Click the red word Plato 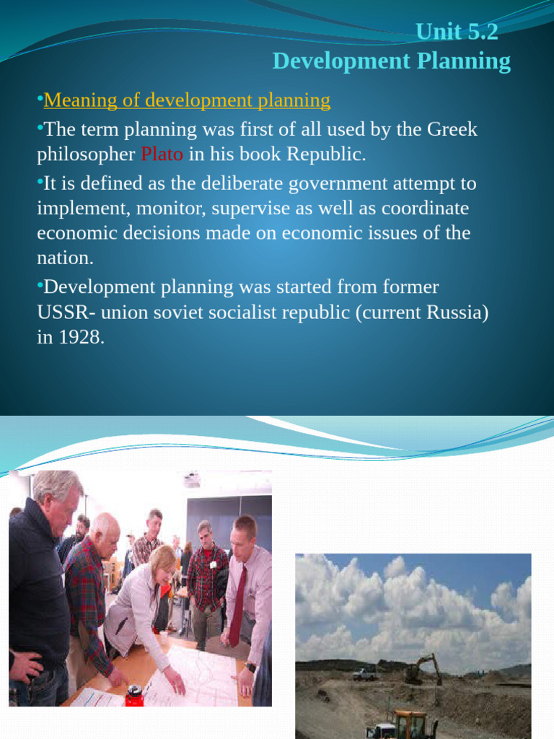pos(162,154)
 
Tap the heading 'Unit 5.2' pos(457,32)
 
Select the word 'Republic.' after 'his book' pos(326,154)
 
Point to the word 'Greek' pos(452,129)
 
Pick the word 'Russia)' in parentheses pos(457,312)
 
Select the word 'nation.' pos(65,258)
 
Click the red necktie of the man pos(237,605)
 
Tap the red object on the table pos(134,696)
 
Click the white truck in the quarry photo pos(364,675)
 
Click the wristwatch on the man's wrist pos(250,667)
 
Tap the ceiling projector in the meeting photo pos(191,479)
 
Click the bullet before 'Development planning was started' pos(40,284)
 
